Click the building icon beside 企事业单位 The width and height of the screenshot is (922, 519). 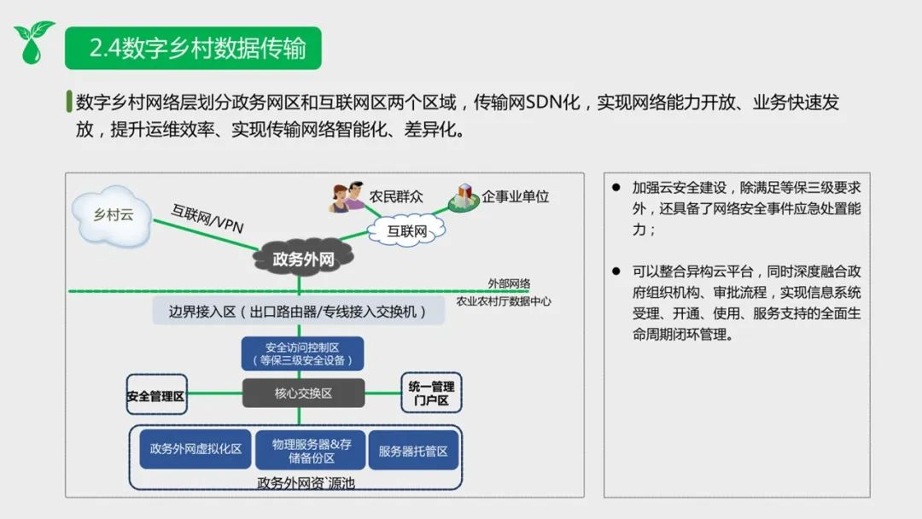[464, 197]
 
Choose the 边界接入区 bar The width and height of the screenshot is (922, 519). [299, 311]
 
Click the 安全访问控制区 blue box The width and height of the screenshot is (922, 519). [302, 353]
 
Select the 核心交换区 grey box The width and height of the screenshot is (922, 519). [302, 394]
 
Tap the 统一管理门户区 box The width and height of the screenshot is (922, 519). [431, 394]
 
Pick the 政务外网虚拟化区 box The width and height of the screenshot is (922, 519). [195, 450]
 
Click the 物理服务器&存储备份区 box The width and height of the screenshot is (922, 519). [312, 450]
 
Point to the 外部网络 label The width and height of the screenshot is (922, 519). [509, 283]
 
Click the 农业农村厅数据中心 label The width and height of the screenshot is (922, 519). [503, 300]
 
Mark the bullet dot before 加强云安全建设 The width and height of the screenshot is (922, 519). [616, 187]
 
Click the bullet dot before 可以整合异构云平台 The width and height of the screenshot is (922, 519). [616, 271]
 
